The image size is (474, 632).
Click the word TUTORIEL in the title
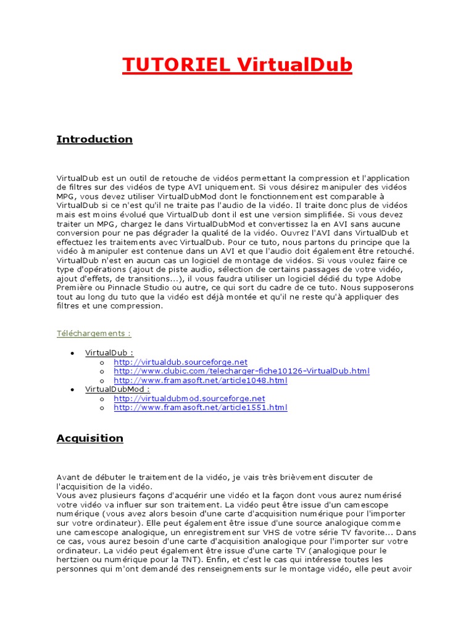[175, 65]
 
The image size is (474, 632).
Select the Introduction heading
[94, 139]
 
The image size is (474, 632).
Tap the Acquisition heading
[90, 439]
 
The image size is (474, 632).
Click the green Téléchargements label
[94, 334]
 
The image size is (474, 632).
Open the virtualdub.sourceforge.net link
[180, 362]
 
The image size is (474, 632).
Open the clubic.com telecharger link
[241, 371]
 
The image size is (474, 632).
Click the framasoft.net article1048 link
[201, 380]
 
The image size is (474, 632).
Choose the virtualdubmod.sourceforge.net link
[189, 399]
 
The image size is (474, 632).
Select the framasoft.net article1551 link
[201, 408]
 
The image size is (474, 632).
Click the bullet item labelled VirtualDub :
[109, 352]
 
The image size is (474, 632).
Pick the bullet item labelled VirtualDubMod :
[117, 389]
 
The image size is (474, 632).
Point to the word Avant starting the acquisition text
[69, 478]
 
